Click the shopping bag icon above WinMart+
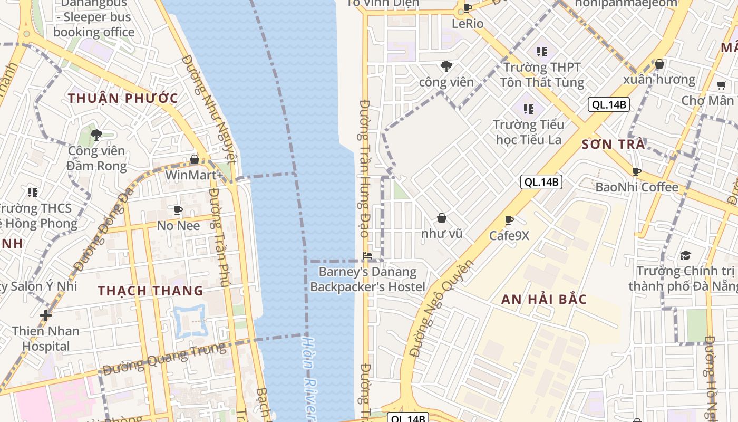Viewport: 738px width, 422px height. (x=195, y=159)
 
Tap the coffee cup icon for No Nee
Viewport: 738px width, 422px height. (x=178, y=210)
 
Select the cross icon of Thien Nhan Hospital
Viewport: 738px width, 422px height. (x=46, y=315)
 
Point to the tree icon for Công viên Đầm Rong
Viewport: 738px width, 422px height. (x=96, y=135)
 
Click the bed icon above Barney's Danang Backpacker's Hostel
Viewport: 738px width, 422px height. (x=367, y=256)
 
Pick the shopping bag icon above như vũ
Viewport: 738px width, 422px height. (x=442, y=218)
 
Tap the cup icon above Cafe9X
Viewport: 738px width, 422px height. (x=509, y=220)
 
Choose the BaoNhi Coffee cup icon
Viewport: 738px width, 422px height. (x=636, y=171)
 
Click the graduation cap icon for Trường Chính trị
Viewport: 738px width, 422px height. (x=685, y=256)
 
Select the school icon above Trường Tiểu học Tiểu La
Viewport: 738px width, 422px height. (x=529, y=109)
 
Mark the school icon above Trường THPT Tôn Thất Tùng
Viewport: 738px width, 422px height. (x=541, y=52)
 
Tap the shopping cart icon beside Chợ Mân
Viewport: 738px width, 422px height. (x=721, y=85)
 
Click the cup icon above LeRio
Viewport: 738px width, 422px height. (x=467, y=8)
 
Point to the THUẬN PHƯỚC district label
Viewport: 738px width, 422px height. (x=123, y=98)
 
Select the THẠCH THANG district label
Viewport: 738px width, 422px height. (x=150, y=291)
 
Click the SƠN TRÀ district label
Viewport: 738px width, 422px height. (x=613, y=145)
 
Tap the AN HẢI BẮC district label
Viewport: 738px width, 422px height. (x=544, y=300)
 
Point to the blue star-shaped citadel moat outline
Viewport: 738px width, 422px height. (x=189, y=321)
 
